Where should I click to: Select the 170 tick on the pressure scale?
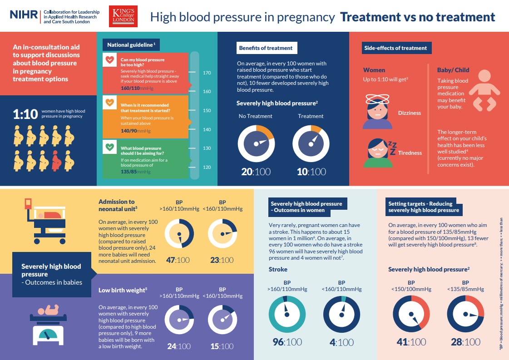[207, 73]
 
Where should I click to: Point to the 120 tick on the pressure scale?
[207, 167]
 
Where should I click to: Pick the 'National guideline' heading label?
[131, 45]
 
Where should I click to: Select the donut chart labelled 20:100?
[256, 144]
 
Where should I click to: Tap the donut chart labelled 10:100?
[311, 144]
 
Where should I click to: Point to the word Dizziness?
[410, 113]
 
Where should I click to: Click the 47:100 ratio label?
[178, 260]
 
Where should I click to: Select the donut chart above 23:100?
[222, 234]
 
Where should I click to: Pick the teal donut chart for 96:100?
[287, 314]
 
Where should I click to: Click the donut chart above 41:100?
[411, 314]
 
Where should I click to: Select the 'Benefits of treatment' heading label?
[267, 48]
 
